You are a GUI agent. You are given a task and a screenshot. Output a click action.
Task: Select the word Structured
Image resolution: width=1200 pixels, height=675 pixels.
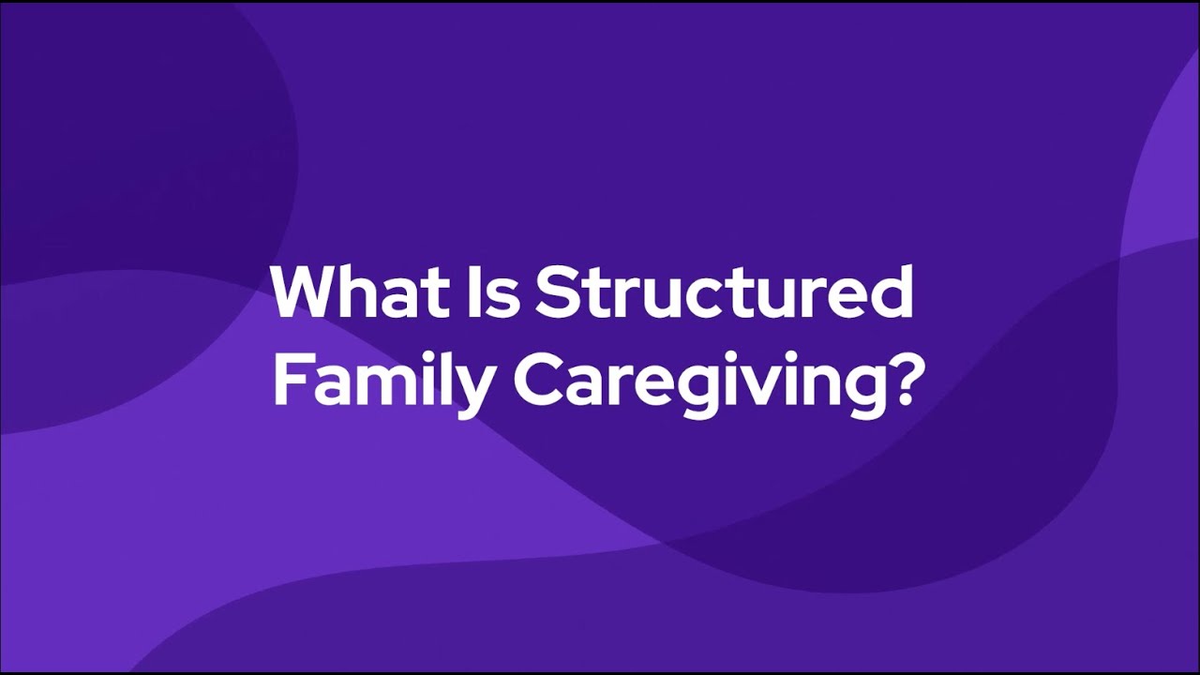725,292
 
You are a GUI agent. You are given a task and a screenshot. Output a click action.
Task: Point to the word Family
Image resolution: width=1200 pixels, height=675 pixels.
380,382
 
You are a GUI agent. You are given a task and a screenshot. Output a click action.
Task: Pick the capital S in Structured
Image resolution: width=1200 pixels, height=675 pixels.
555,292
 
